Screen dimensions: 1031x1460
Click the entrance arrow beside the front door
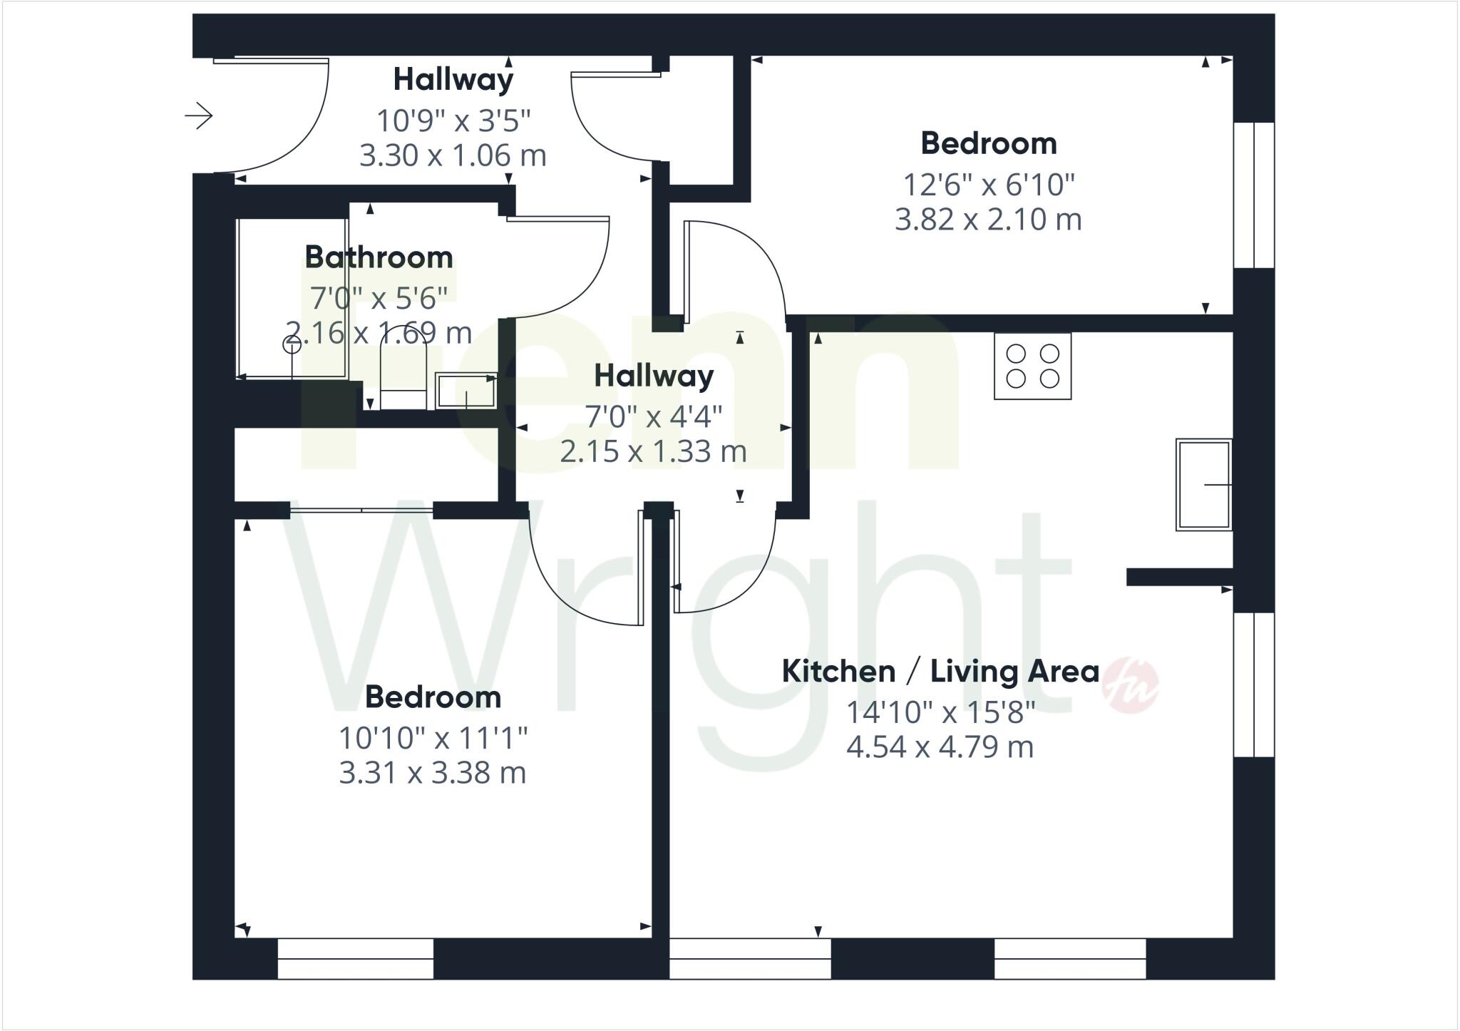[x=199, y=116]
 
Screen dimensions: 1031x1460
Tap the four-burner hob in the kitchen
[x=1032, y=366]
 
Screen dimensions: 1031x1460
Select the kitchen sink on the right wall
[x=1203, y=484]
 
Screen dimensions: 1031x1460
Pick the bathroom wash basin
[x=466, y=391]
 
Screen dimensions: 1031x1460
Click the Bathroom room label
[x=379, y=257]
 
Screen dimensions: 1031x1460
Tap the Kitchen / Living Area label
[x=940, y=672]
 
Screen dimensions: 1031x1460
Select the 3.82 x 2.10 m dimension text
[x=988, y=220]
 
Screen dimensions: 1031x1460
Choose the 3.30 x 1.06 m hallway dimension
[x=453, y=155]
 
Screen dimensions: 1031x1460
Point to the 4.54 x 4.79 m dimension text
[x=940, y=747]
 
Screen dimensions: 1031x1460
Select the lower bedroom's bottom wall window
[x=355, y=959]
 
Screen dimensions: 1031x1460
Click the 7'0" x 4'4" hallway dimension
[x=654, y=416]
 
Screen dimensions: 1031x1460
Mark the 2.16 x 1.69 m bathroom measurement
[x=379, y=333]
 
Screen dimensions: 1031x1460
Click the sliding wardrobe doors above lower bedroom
[x=361, y=510]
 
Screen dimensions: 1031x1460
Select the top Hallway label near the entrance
[x=453, y=79]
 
